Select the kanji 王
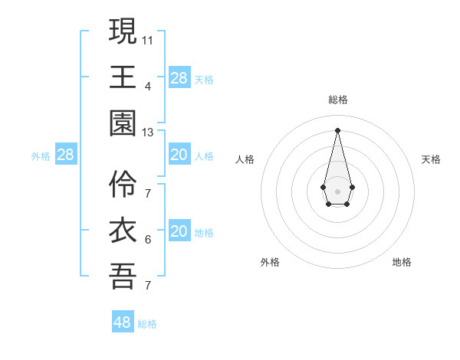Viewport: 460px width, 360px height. pyautogui.click(x=123, y=77)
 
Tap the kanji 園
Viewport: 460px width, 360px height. pyautogui.click(x=123, y=124)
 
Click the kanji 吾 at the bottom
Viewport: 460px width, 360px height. pyautogui.click(x=123, y=277)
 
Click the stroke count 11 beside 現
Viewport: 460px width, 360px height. pyautogui.click(x=148, y=38)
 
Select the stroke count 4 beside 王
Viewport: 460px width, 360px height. pyautogui.click(x=148, y=86)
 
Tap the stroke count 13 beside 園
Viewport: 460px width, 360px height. pyautogui.click(x=148, y=133)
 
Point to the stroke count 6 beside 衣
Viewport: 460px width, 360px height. pyautogui.click(x=148, y=239)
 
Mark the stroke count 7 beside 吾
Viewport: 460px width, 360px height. pyautogui.click(x=148, y=286)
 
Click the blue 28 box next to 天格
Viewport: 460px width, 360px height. pyautogui.click(x=179, y=78)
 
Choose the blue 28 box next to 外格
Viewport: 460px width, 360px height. pyautogui.click(x=66, y=155)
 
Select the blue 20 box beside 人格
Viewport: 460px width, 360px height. pyautogui.click(x=179, y=155)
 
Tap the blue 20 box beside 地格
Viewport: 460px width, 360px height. pyautogui.click(x=179, y=231)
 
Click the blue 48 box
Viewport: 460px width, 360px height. pyautogui.click(x=123, y=322)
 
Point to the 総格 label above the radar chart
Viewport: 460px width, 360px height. pyautogui.click(x=338, y=100)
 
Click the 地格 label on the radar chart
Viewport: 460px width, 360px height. pyautogui.click(x=402, y=262)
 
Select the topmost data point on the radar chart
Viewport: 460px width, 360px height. pyautogui.click(x=337, y=129)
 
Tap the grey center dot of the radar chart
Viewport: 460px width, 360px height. pyautogui.click(x=337, y=190)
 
